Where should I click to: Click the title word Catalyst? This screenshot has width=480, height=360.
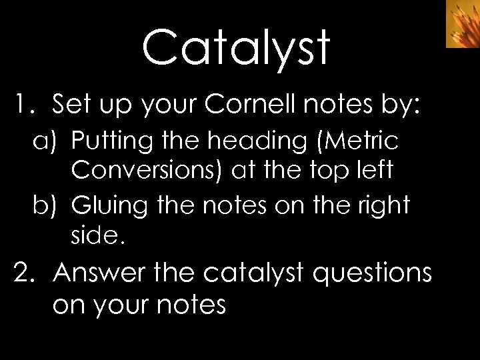tap(236, 49)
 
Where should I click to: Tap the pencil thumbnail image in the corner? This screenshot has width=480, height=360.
tap(463, 24)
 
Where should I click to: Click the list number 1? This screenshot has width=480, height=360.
tap(25, 105)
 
